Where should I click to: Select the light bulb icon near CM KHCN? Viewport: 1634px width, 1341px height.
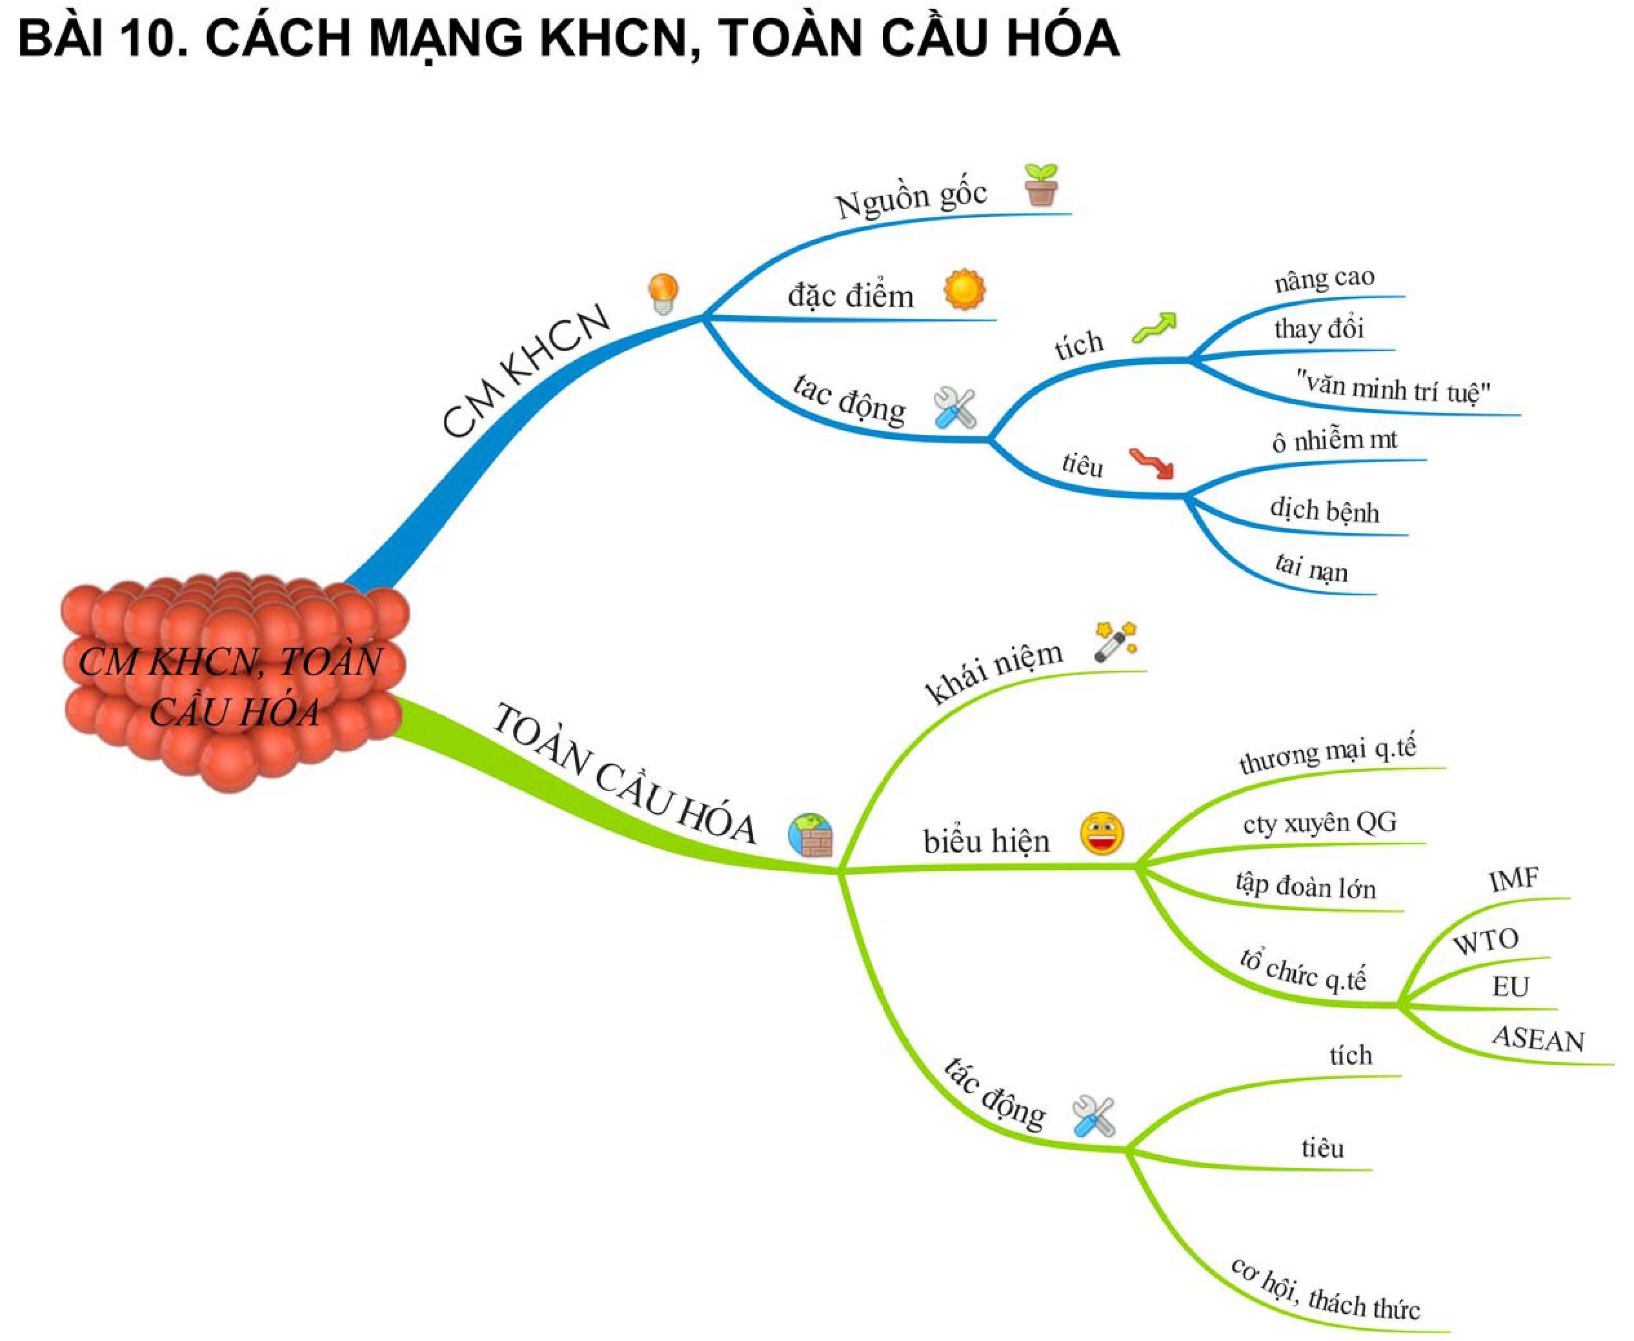tap(663, 294)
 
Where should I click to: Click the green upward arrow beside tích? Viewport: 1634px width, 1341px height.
tap(1155, 328)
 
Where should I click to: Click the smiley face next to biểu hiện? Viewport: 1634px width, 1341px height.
tap(1102, 834)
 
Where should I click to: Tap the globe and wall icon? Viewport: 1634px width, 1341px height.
tap(811, 836)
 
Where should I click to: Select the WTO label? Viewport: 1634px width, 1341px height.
tap(1485, 942)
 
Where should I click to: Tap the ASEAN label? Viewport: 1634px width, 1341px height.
tap(1537, 1040)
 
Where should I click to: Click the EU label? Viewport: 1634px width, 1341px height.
tap(1510, 987)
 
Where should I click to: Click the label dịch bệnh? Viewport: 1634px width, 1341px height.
tap(1324, 510)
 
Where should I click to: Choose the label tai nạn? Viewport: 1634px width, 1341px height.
tap(1311, 568)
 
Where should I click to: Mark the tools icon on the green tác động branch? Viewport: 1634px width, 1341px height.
tap(1093, 1117)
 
